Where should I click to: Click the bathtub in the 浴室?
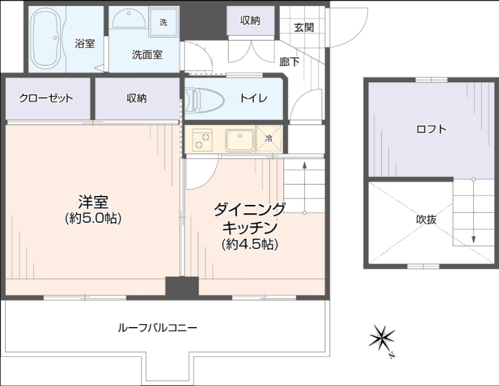point(47,38)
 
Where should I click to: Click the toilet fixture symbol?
point(204,100)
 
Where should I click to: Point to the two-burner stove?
point(202,139)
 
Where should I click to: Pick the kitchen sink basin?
point(240,140)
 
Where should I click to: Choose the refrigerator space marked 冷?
point(269,139)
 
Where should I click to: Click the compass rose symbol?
point(382,339)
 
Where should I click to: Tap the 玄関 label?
point(304,27)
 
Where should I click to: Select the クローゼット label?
point(46,98)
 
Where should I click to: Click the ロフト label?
point(431,129)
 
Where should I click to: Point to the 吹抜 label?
point(426,219)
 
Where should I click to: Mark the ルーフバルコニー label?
point(158,328)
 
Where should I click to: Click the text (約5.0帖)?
point(93,219)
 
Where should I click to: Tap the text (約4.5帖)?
point(250,244)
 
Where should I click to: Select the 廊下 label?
point(289,62)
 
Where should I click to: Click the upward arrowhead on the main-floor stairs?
point(304,164)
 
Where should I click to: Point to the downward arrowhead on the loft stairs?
point(473,240)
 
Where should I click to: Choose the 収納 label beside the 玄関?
point(250,20)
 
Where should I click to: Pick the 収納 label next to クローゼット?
point(136,98)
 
